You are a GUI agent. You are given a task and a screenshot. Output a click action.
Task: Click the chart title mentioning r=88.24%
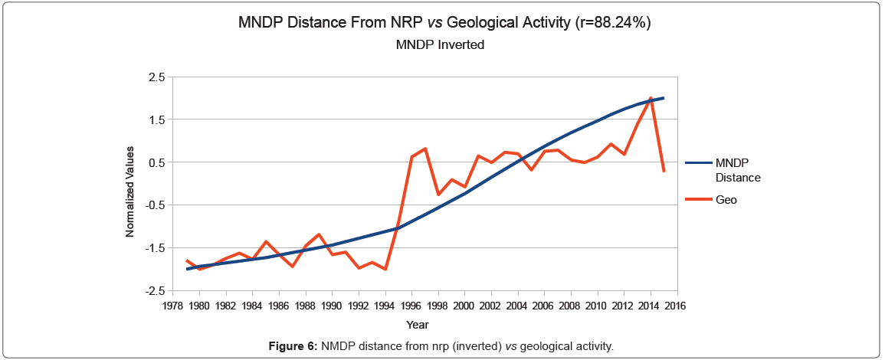(x=445, y=23)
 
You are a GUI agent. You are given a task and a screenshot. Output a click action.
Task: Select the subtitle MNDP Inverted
(x=440, y=44)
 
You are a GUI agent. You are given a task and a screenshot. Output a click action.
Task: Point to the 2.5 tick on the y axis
(x=156, y=77)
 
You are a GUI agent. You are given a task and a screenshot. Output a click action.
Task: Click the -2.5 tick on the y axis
(x=155, y=291)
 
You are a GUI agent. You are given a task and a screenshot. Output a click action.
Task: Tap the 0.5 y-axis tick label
(x=156, y=162)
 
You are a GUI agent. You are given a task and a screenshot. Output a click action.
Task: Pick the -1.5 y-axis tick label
(x=155, y=248)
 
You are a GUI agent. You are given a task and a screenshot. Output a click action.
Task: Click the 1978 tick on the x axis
(x=173, y=306)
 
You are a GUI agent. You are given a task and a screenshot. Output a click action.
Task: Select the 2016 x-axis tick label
(x=676, y=306)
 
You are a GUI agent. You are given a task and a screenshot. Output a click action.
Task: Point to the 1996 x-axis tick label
(x=411, y=306)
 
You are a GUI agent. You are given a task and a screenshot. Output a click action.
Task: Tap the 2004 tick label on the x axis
(x=517, y=306)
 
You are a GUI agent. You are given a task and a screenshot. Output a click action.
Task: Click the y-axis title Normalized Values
(x=131, y=191)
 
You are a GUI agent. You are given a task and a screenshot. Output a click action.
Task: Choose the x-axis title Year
(x=418, y=325)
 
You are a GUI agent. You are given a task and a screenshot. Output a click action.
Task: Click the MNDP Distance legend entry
(x=737, y=170)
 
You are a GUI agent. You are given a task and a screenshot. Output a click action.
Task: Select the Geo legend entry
(x=726, y=199)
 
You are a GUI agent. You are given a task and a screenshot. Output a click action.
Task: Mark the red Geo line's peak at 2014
(x=651, y=98)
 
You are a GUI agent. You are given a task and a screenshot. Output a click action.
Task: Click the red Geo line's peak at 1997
(x=425, y=149)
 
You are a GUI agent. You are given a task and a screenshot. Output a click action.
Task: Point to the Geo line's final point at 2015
(x=664, y=172)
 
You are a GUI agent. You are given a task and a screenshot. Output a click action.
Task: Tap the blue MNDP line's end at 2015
(x=664, y=98)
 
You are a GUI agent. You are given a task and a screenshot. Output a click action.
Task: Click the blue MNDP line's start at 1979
(x=187, y=269)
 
